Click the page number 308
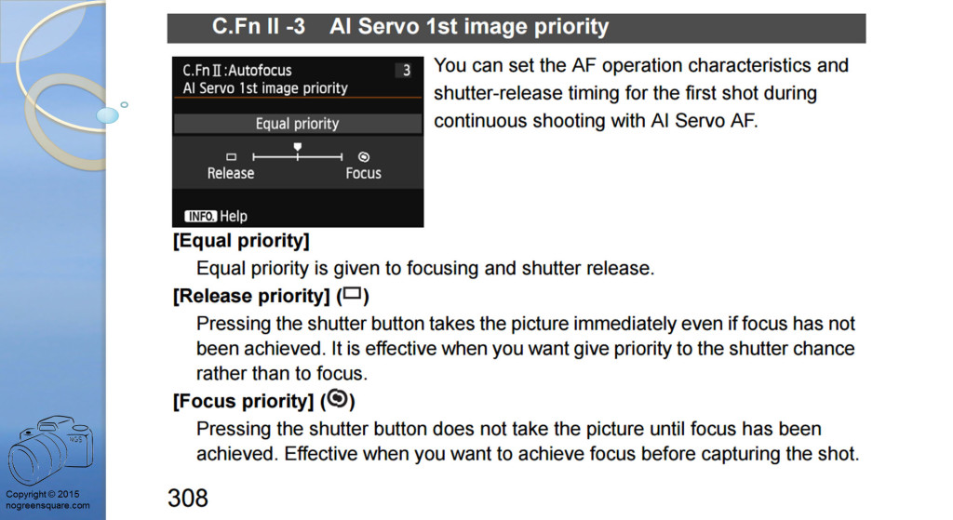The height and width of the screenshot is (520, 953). (188, 498)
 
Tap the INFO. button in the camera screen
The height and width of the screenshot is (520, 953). (201, 216)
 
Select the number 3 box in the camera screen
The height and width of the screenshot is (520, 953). (406, 71)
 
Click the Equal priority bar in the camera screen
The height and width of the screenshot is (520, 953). (297, 124)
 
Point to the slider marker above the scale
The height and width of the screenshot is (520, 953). (297, 147)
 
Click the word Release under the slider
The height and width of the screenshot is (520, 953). (231, 174)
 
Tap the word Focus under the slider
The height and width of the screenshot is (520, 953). (364, 174)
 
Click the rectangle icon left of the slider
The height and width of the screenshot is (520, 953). (231, 156)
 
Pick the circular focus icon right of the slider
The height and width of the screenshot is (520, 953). (364, 156)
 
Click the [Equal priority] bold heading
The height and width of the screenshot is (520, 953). (241, 241)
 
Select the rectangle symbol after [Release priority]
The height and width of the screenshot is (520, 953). (352, 294)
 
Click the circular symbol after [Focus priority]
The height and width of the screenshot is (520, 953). (337, 399)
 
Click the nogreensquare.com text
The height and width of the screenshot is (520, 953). (47, 505)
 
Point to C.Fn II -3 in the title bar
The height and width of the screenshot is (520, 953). (259, 27)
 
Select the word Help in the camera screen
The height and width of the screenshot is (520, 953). (234, 216)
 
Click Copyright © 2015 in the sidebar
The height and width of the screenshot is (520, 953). (43, 494)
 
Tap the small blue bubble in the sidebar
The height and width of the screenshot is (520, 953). (108, 114)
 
